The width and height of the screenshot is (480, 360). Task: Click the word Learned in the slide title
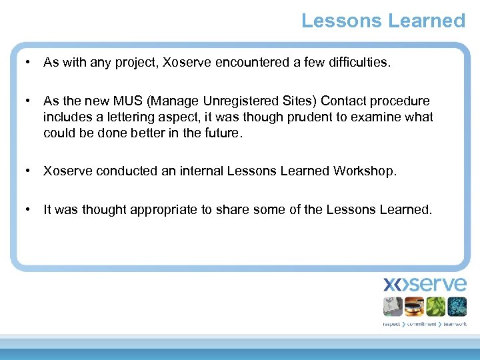pyautogui.click(x=426, y=21)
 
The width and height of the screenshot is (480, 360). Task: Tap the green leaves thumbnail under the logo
pyautogui.click(x=435, y=306)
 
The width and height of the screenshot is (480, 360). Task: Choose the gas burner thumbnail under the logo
pyautogui.click(x=414, y=306)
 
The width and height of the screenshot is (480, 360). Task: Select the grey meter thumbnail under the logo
pyautogui.click(x=393, y=306)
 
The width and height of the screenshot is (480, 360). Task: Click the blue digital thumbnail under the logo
pyautogui.click(x=457, y=306)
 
